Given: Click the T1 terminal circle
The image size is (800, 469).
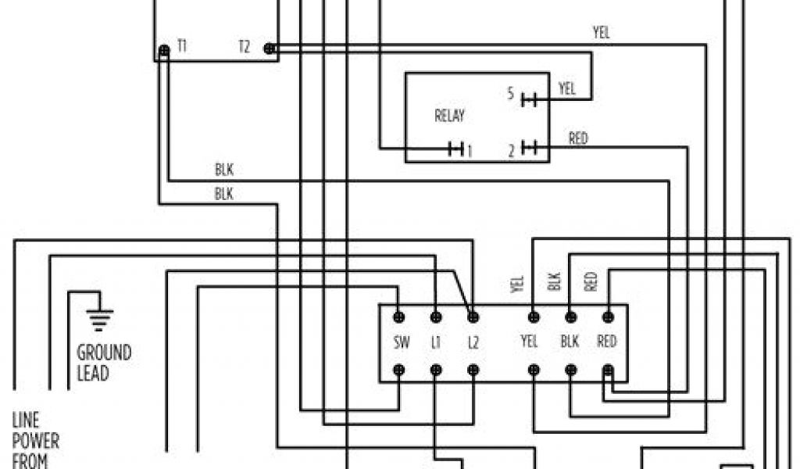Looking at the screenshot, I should [163, 49].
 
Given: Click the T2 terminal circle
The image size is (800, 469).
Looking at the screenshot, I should [270, 48].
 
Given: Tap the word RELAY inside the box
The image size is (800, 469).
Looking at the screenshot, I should [448, 116].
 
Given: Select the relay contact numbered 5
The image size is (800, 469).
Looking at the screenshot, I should [529, 98].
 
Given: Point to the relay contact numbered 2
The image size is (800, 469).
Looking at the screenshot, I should [529, 148].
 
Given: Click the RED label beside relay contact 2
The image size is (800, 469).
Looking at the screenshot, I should [578, 139].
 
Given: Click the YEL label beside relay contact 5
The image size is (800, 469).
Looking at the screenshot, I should [567, 89].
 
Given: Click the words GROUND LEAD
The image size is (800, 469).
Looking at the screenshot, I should [103, 363].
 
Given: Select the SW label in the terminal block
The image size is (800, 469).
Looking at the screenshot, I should [398, 342].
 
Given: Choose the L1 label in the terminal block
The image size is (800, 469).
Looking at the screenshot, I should [436, 342].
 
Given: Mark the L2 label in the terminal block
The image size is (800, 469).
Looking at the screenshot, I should [473, 342].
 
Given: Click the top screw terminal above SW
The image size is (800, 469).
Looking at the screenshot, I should [398, 317].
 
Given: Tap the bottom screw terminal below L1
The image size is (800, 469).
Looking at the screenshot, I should [436, 370].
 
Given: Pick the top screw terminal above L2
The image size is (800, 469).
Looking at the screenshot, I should [473, 317].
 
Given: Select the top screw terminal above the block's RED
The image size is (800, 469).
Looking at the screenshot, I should [608, 317].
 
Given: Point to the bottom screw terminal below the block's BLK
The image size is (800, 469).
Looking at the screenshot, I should [570, 370].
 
